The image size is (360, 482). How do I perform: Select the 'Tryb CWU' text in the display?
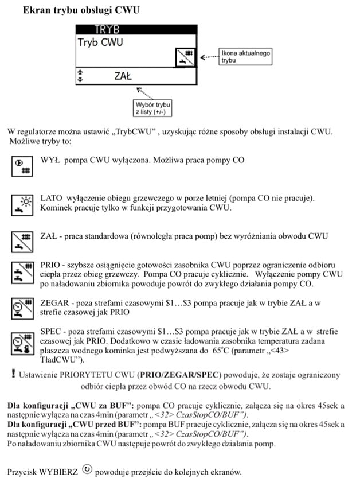pos(100,42)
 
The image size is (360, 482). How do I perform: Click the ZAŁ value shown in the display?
pos(123,75)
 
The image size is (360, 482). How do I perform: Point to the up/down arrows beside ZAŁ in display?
pos(80,76)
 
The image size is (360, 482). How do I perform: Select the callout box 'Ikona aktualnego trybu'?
pos(245,56)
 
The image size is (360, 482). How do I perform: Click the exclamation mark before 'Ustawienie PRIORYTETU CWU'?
pos(13,375)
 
